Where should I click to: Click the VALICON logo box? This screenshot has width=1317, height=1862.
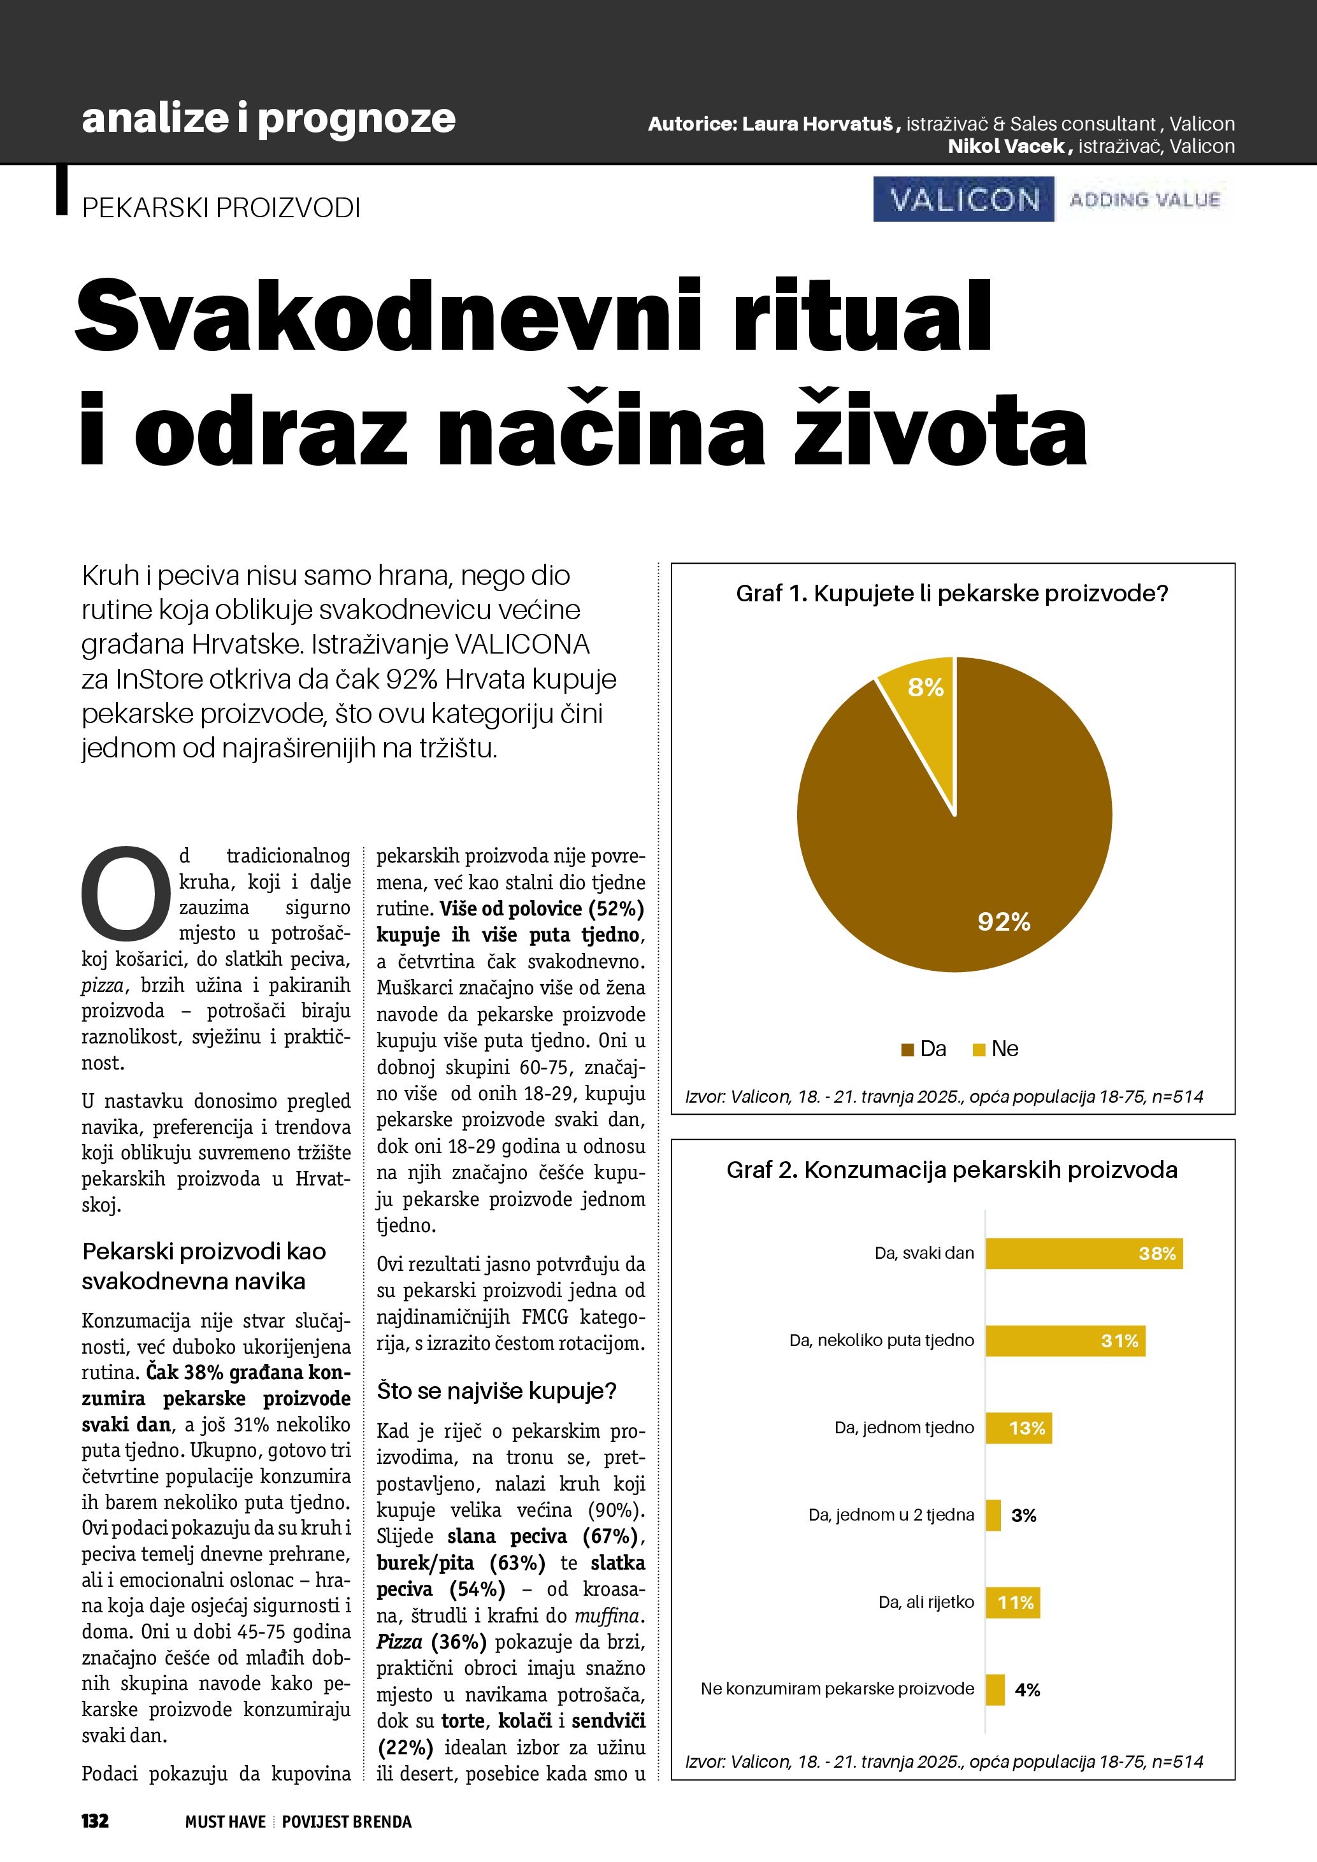click(963, 199)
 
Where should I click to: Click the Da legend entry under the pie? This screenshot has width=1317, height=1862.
click(924, 1049)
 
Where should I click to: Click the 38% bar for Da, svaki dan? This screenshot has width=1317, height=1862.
click(1083, 1253)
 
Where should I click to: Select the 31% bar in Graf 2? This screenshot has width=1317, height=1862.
click(1065, 1340)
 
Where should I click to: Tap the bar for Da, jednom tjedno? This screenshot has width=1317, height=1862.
click(1019, 1428)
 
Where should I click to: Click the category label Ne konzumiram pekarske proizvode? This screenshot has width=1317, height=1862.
click(837, 1689)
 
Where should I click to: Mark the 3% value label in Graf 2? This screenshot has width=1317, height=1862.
click(1023, 1515)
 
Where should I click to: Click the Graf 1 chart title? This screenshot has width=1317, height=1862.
click(952, 594)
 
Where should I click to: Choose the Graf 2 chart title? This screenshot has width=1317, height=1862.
click(952, 1170)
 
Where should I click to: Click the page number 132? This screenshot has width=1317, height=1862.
click(95, 1821)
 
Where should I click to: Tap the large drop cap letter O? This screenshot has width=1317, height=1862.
click(126, 891)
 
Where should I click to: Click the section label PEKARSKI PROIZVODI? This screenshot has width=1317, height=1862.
click(220, 208)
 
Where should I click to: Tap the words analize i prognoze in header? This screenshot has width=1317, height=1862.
click(268, 118)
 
